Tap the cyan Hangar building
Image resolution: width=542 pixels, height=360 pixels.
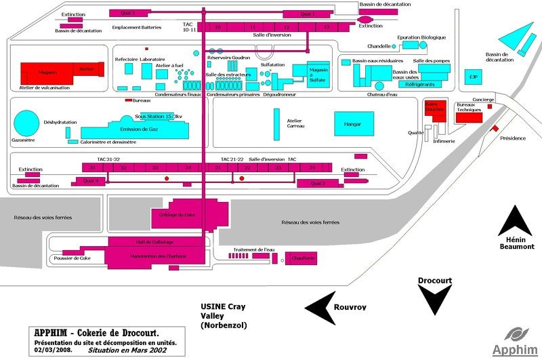coord(353,124)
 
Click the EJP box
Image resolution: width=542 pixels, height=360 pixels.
coord(474,77)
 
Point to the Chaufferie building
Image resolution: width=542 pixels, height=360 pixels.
coord(303,258)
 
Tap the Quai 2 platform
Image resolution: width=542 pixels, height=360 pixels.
coord(127,13)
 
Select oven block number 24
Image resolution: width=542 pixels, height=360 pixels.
coord(312,167)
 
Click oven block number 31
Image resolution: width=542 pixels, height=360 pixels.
coord(93,167)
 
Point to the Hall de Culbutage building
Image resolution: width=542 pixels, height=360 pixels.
coord(156,241)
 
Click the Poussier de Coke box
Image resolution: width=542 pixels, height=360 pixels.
coord(71,258)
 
